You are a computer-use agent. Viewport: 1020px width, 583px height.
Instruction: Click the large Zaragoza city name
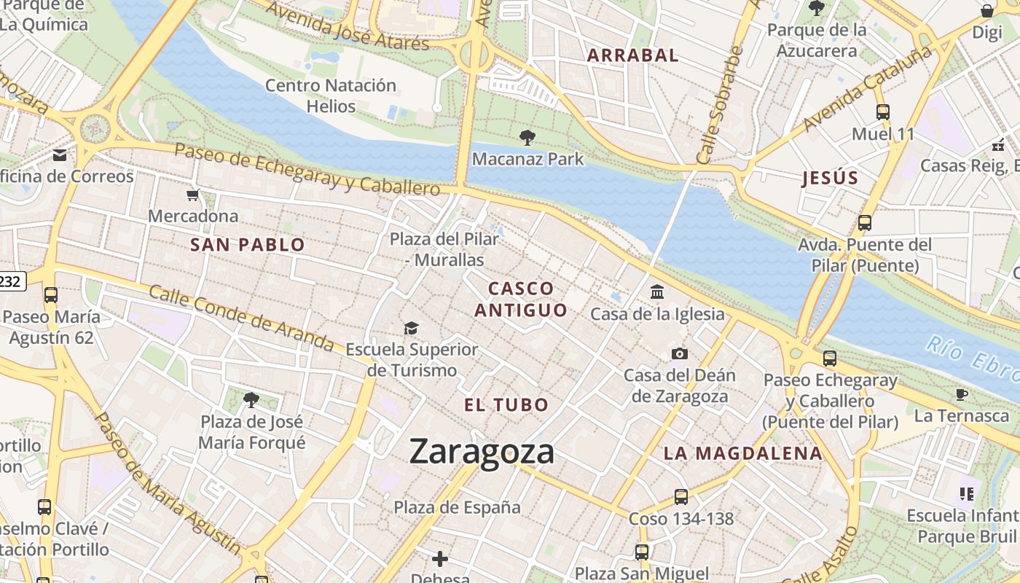point(482,451)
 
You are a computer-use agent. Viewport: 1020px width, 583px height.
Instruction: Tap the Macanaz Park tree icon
point(527,138)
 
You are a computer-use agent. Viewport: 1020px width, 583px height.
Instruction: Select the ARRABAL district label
point(632,55)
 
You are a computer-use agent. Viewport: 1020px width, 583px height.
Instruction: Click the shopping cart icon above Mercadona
point(192,195)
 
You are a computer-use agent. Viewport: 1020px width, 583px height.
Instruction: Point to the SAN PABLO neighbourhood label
point(247,245)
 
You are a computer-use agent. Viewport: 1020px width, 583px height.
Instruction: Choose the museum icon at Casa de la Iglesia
point(657,292)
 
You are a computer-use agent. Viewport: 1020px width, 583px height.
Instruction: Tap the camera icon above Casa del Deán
point(679,354)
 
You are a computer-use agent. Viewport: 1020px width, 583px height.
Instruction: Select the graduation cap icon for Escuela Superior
point(412,328)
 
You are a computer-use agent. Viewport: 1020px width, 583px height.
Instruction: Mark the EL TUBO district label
point(506,405)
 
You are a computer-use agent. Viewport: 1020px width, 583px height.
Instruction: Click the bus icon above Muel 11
point(882,112)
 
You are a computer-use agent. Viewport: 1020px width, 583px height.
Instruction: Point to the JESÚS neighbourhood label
point(830,179)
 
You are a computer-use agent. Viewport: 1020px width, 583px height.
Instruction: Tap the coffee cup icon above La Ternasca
point(962,394)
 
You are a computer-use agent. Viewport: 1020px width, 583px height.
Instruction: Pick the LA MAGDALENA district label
point(742,453)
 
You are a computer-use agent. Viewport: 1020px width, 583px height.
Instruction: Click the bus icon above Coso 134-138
point(680,497)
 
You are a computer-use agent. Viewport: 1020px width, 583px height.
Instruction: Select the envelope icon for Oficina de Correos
point(60,154)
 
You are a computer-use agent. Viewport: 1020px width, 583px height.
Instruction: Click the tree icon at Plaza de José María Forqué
point(251,399)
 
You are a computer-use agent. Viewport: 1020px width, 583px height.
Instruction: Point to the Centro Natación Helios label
point(330,95)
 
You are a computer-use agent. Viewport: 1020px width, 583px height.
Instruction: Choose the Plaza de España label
point(457,507)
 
